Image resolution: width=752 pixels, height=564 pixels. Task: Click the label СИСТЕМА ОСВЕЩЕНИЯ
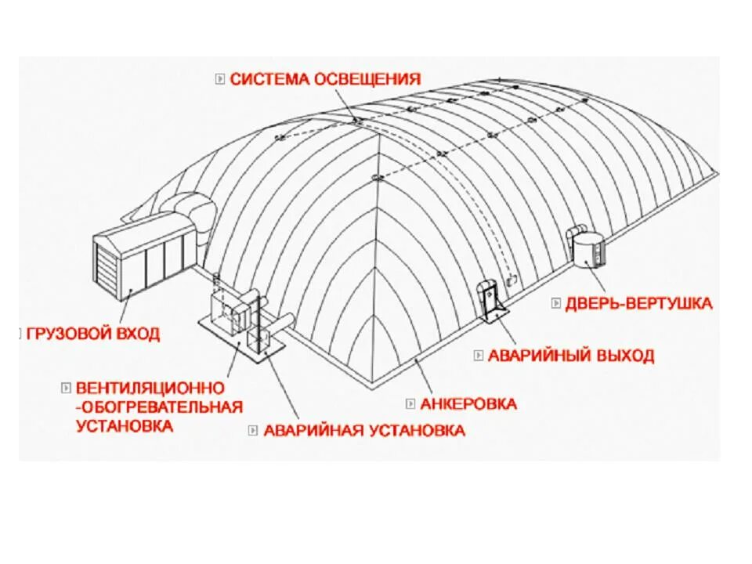click(x=325, y=79)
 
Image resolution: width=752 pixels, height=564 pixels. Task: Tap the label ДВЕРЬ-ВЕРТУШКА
click(x=638, y=303)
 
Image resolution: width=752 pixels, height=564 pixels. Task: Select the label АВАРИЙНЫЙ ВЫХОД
click(x=571, y=356)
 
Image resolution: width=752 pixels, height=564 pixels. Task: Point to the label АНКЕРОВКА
click(x=468, y=404)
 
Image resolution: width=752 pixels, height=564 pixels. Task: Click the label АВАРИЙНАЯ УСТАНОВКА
click(x=364, y=430)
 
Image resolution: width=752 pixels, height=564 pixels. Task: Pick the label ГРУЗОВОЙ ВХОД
click(x=93, y=334)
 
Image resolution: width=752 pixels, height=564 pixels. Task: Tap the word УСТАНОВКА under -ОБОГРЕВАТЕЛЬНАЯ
click(x=125, y=425)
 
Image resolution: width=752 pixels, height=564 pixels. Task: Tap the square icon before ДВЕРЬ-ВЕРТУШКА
click(x=555, y=303)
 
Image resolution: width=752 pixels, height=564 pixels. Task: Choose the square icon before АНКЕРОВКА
click(x=410, y=404)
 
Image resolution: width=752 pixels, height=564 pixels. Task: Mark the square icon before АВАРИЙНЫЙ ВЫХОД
click(x=478, y=356)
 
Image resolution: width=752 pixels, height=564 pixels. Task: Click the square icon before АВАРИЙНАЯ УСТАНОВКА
click(x=253, y=430)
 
